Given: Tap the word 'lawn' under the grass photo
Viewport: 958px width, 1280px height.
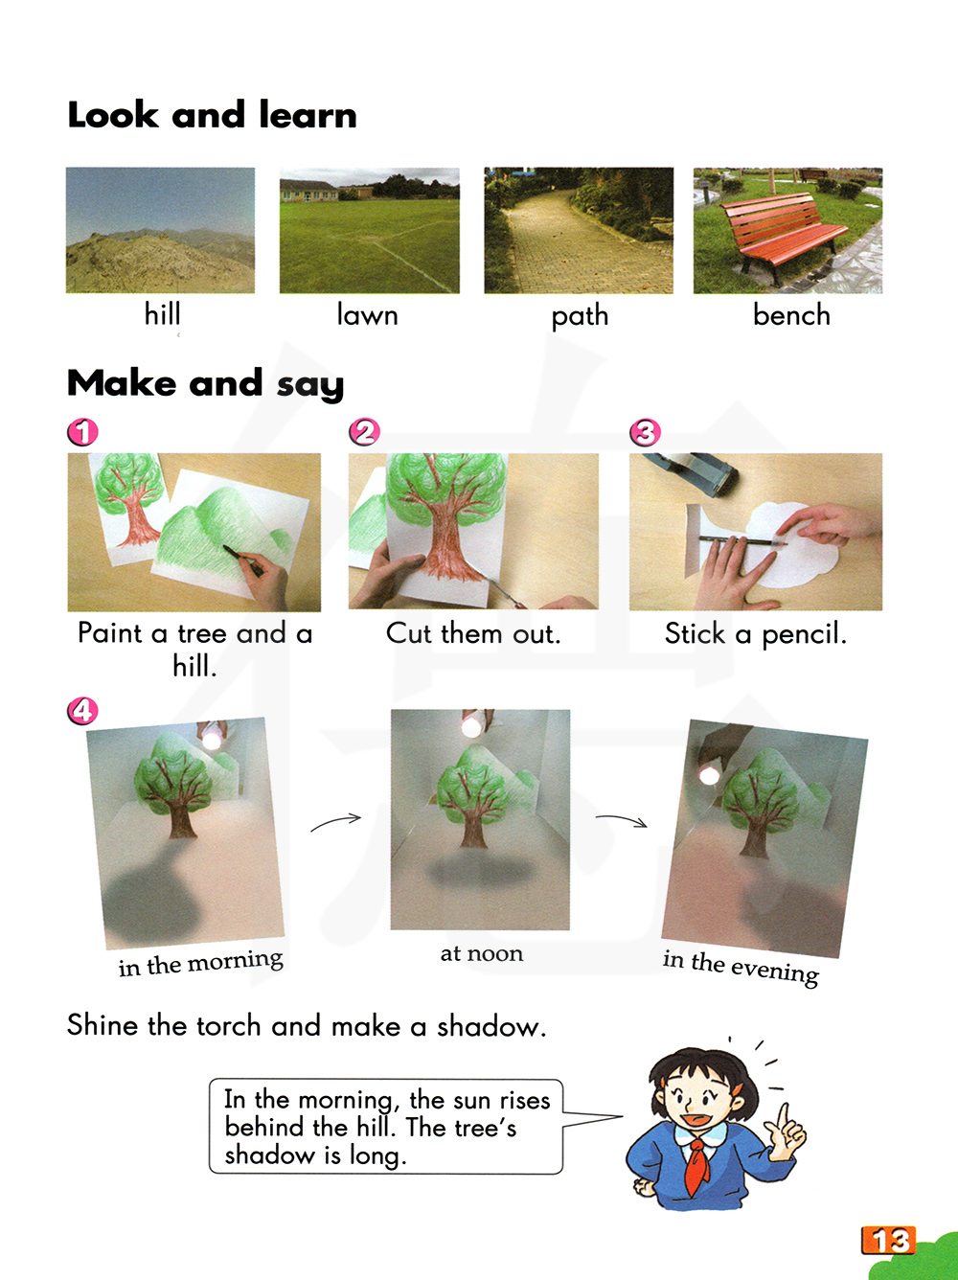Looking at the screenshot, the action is pyautogui.click(x=367, y=315).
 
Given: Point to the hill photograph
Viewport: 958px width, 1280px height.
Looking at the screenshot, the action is pyautogui.click(x=160, y=230).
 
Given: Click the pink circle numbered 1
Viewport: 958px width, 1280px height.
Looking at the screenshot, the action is pyautogui.click(x=82, y=432).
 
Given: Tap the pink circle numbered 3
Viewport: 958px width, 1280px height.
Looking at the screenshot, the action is pyautogui.click(x=645, y=432).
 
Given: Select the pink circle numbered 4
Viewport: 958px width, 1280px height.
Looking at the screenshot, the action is pyautogui.click(x=82, y=710).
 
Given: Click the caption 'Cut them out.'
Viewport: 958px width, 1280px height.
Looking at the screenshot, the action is pyautogui.click(x=473, y=633).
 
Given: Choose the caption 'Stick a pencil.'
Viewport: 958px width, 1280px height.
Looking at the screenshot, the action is pyautogui.click(x=756, y=634).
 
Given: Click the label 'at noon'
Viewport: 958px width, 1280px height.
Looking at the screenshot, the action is pyautogui.click(x=482, y=954).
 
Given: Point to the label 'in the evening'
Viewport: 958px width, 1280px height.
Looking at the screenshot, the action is pyautogui.click(x=741, y=968).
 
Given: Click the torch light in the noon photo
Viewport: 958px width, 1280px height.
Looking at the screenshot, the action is pyautogui.click(x=470, y=726).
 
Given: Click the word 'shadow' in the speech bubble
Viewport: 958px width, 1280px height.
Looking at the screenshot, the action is pyautogui.click(x=269, y=1154).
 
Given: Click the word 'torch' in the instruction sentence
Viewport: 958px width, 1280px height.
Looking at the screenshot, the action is pyautogui.click(x=228, y=1026).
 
